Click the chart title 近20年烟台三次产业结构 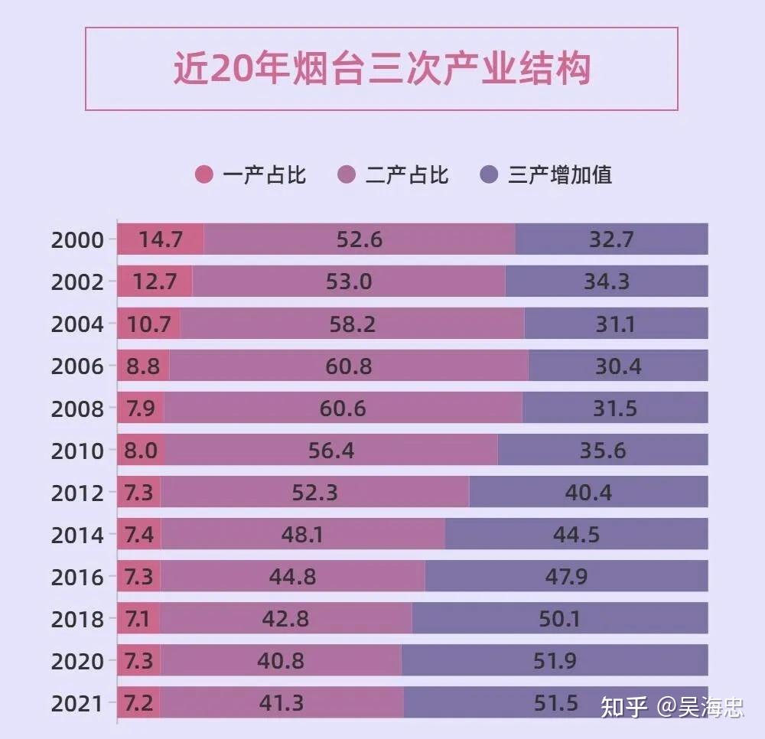[381, 70]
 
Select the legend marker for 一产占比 [204, 175]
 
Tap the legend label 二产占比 [407, 175]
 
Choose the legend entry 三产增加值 [560, 175]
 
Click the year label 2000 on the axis [77, 240]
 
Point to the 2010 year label [77, 451]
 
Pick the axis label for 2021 [77, 704]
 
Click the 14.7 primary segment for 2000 [161, 239]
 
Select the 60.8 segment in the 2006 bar [349, 366]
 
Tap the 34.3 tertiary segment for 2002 [607, 282]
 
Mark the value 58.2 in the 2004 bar [353, 324]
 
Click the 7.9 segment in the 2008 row [141, 409]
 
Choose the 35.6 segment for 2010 [603, 451]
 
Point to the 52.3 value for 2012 [314, 493]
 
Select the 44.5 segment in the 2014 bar [576, 535]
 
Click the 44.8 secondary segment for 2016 [292, 577]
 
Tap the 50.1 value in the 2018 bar [559, 619]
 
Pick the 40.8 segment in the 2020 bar [281, 661]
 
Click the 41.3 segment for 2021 [282, 703]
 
